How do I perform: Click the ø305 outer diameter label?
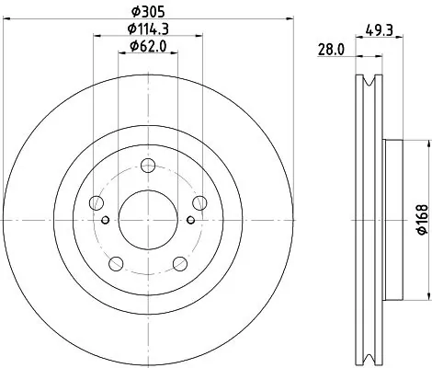(147, 10)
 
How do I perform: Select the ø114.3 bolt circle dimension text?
(147, 29)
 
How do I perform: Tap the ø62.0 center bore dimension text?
(147, 46)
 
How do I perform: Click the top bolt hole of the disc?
(147, 167)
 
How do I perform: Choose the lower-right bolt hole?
(179, 265)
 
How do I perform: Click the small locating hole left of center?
(105, 219)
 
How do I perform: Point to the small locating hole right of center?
(189, 219)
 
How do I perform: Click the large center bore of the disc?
(147, 219)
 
